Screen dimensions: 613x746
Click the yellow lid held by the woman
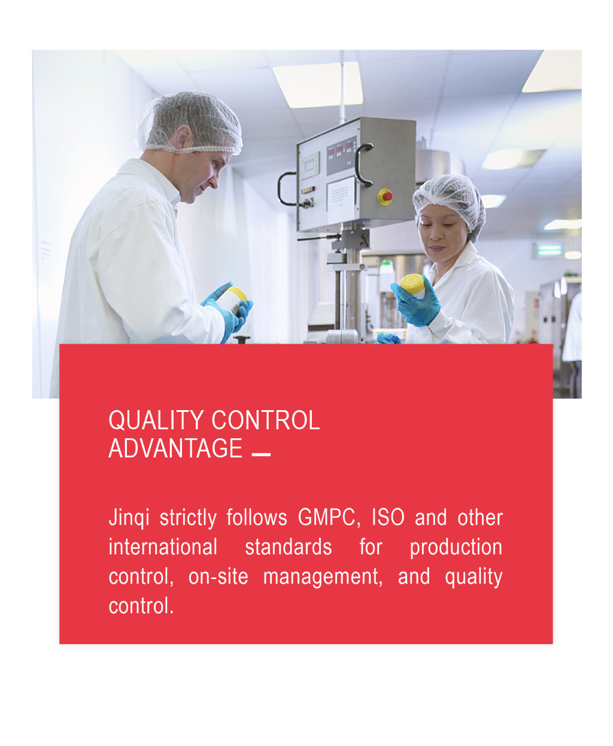tap(412, 284)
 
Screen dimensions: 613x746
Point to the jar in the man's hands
tap(232, 299)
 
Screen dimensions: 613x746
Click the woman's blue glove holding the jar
tap(417, 303)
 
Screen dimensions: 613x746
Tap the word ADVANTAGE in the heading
tap(175, 448)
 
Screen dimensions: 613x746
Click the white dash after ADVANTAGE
tap(261, 454)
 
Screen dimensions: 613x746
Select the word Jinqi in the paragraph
tap(129, 518)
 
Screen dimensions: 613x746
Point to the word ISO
tap(388, 517)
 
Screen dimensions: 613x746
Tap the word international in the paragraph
tap(163, 547)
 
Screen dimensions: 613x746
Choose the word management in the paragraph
tap(323, 578)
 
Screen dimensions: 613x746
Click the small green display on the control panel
tap(310, 165)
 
